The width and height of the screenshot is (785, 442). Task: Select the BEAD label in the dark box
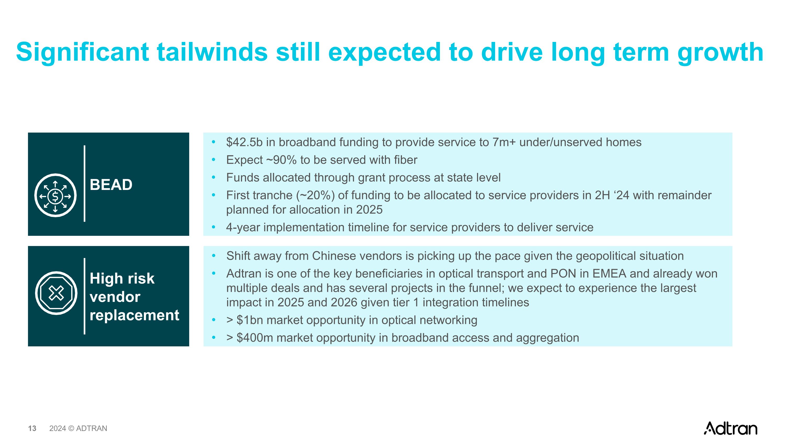click(x=111, y=185)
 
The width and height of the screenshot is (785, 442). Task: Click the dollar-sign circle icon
click(x=55, y=195)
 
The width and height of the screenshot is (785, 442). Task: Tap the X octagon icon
click(x=56, y=293)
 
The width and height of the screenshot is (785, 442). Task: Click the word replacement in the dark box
click(x=134, y=315)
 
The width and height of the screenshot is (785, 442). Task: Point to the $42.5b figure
click(x=244, y=143)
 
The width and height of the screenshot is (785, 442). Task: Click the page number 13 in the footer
click(x=32, y=429)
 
